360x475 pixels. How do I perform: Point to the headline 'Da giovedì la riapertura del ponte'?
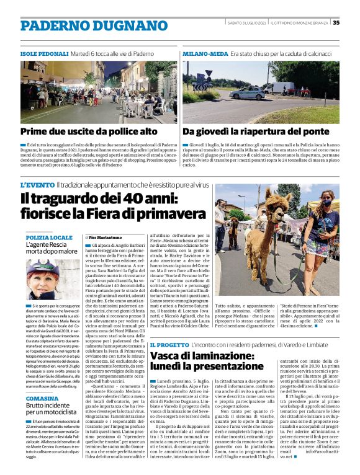coord(256,132)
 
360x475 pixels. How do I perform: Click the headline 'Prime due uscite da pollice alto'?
coord(89,132)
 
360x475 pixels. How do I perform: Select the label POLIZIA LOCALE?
coord(49,238)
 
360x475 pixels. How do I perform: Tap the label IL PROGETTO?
coord(168,344)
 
